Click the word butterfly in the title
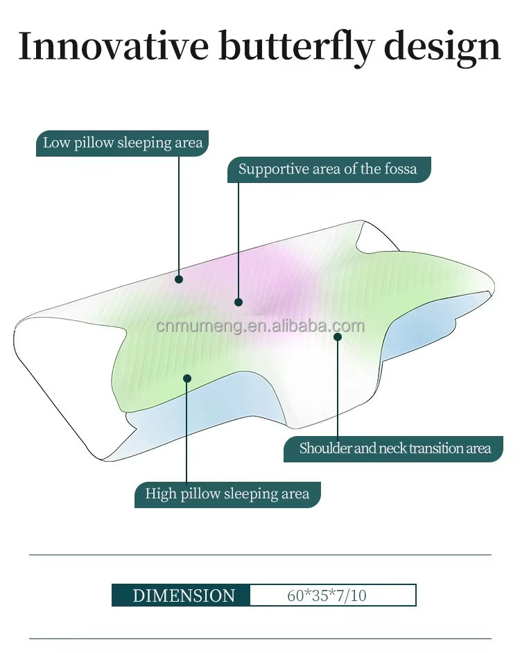coord(297,49)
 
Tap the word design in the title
coord(442,49)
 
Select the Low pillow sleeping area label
coord(122,143)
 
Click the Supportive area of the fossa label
coord(329,170)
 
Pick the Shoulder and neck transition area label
coord(393,449)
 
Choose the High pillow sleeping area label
coord(227,494)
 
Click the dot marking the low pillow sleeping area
coord(179,279)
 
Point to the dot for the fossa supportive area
coord(239,302)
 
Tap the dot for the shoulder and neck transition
coord(338,336)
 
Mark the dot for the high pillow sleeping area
coord(187,378)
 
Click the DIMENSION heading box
coord(181,595)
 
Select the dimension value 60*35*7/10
coord(327,595)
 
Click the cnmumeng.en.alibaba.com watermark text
coord(261,326)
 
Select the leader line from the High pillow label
coord(187,430)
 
